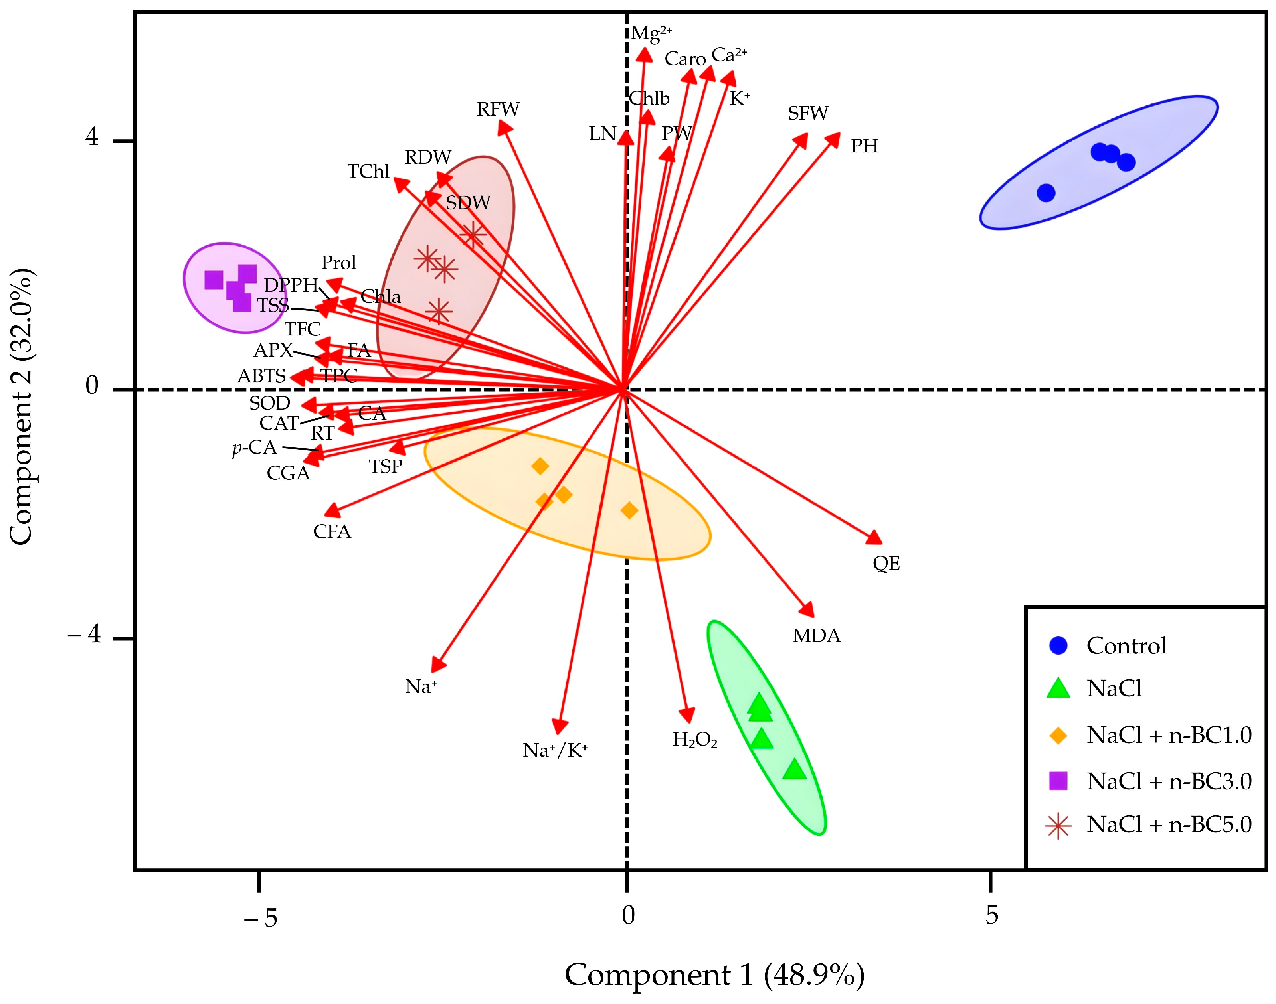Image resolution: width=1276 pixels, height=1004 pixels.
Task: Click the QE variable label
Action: [x=886, y=563]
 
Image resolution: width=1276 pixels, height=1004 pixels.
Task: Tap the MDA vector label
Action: [x=816, y=635]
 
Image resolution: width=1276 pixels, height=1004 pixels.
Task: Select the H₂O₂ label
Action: [x=694, y=740]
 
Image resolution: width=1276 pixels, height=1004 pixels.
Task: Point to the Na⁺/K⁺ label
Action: [x=555, y=750]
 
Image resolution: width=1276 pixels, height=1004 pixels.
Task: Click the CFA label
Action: [x=332, y=531]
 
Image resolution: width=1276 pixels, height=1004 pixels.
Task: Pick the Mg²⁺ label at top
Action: [x=651, y=32]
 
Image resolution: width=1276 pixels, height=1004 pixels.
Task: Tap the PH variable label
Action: [x=865, y=146]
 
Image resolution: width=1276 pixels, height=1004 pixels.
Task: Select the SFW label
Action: [x=808, y=113]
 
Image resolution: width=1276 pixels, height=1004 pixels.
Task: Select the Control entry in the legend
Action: [x=1126, y=645]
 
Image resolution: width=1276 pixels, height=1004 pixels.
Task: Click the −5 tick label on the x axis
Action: [x=261, y=917]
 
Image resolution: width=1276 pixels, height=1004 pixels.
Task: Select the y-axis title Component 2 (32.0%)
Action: [x=22, y=407]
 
